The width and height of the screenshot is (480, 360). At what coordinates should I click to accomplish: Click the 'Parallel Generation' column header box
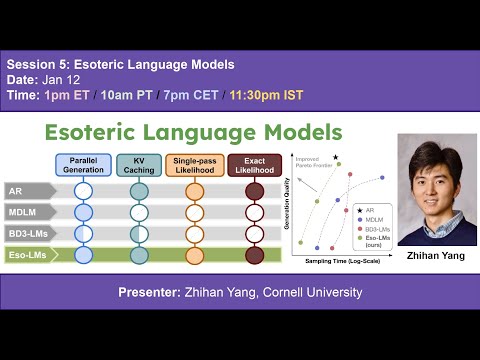click(83, 165)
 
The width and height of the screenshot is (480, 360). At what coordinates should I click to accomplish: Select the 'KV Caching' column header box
click(139, 165)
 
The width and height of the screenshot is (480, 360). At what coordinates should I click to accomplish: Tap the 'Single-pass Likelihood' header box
click(196, 165)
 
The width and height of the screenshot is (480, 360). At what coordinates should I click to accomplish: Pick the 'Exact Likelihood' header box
click(254, 165)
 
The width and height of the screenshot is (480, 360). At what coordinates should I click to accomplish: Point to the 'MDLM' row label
click(24, 211)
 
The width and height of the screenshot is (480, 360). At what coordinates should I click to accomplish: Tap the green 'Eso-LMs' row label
click(28, 255)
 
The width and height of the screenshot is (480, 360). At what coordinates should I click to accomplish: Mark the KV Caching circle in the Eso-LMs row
click(139, 255)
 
